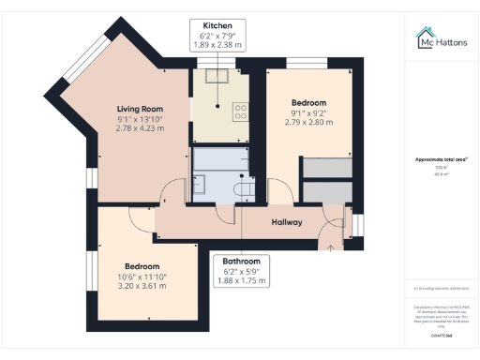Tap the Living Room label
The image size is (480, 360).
pos(140,109)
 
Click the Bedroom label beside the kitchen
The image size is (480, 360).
pos(308,102)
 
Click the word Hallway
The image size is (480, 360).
pos(286,222)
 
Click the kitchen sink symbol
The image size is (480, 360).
pos(222,79)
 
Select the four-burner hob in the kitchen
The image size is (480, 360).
pos(240,111)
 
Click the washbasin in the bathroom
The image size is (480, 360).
pos(200,181)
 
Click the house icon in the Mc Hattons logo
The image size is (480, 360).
pos(425,38)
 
